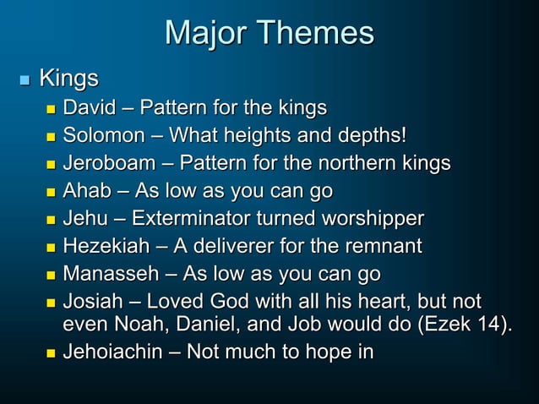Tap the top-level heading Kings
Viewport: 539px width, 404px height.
(69, 80)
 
